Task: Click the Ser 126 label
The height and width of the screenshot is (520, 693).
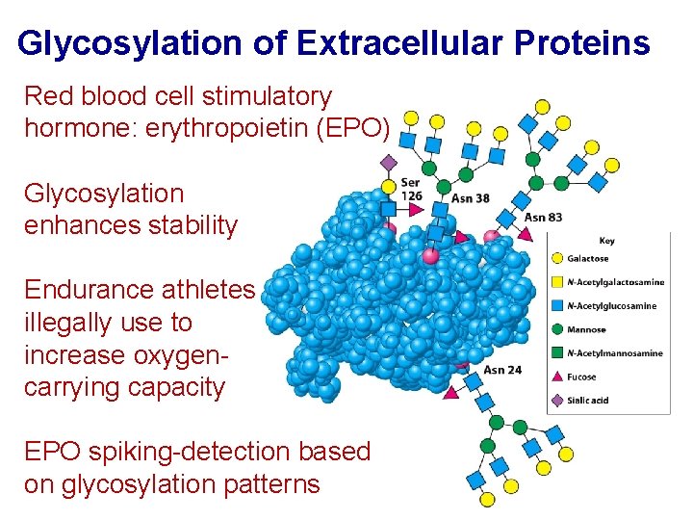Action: (411, 190)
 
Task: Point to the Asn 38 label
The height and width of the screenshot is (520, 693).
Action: (472, 198)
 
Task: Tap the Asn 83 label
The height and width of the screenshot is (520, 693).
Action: (543, 217)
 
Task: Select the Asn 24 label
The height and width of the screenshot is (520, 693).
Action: (502, 369)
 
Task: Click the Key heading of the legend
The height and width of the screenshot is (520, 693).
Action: (606, 240)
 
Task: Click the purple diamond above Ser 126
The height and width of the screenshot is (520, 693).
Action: (389, 162)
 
